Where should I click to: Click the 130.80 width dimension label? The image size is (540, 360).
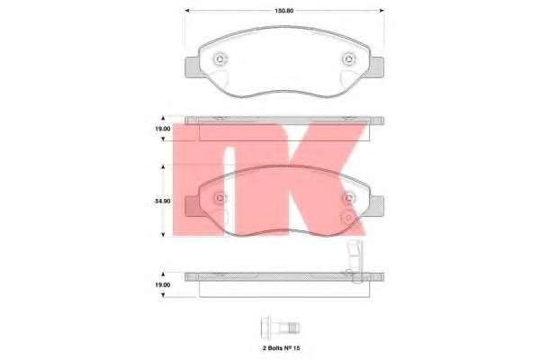[x=283, y=11]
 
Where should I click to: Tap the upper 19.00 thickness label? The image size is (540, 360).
[x=163, y=129]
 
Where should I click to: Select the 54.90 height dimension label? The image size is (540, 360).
[x=163, y=201]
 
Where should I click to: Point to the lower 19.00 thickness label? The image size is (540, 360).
[x=163, y=285]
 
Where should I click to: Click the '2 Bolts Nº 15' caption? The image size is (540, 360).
[x=281, y=348]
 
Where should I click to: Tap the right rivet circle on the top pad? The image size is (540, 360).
[x=349, y=59]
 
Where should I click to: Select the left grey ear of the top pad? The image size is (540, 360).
[x=193, y=67]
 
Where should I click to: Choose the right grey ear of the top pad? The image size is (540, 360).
[x=377, y=67]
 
